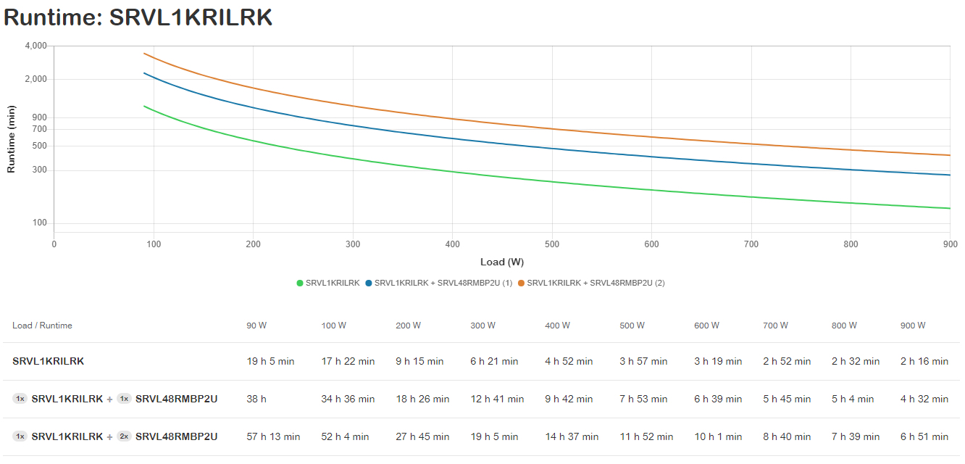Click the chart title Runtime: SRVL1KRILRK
pos(138,17)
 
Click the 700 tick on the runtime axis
pos(39,128)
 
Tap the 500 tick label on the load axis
pos(552,244)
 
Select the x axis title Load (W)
pos(501,262)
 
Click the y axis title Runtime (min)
pos(11,139)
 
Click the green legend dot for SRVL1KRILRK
pos(300,283)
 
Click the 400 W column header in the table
pos(558,326)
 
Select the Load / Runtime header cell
pos(42,326)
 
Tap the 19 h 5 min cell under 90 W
pos(270,361)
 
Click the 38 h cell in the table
pos(256,399)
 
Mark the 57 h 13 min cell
pos(273,436)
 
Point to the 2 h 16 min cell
pos(924,361)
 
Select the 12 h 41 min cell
pos(495,399)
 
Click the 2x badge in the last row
pos(124,436)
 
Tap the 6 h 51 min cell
pos(924,436)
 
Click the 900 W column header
pos(913,326)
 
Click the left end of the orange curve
pos(145,54)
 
